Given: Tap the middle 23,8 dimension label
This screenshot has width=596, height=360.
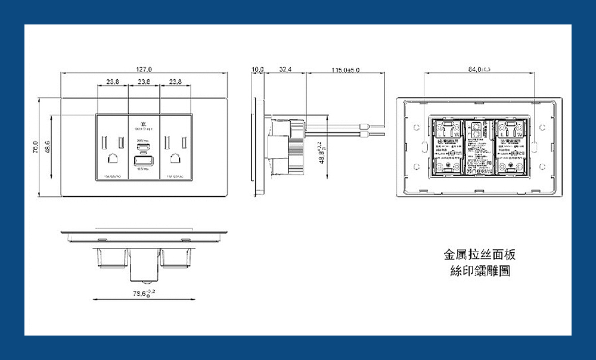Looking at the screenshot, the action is click(x=144, y=81).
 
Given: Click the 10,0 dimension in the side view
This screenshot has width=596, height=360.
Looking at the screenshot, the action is click(x=257, y=70).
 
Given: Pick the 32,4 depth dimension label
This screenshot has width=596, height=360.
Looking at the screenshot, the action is click(x=285, y=70).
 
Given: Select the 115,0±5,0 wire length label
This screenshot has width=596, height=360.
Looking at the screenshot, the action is click(x=345, y=70).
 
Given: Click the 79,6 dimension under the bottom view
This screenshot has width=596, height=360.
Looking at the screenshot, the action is click(x=144, y=293).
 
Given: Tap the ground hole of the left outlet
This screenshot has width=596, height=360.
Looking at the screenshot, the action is click(x=112, y=159).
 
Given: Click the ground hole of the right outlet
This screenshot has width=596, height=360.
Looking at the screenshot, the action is click(x=176, y=159).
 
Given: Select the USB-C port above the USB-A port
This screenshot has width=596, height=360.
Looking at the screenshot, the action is click(x=144, y=147).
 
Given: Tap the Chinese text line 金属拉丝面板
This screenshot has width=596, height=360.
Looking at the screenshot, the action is click(x=480, y=255).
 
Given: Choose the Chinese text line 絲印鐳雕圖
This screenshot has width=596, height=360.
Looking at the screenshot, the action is click(x=480, y=272).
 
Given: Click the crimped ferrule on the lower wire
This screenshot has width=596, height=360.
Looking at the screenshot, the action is click(x=365, y=136).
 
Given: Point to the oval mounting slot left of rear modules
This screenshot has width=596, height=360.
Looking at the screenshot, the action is click(x=424, y=146).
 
